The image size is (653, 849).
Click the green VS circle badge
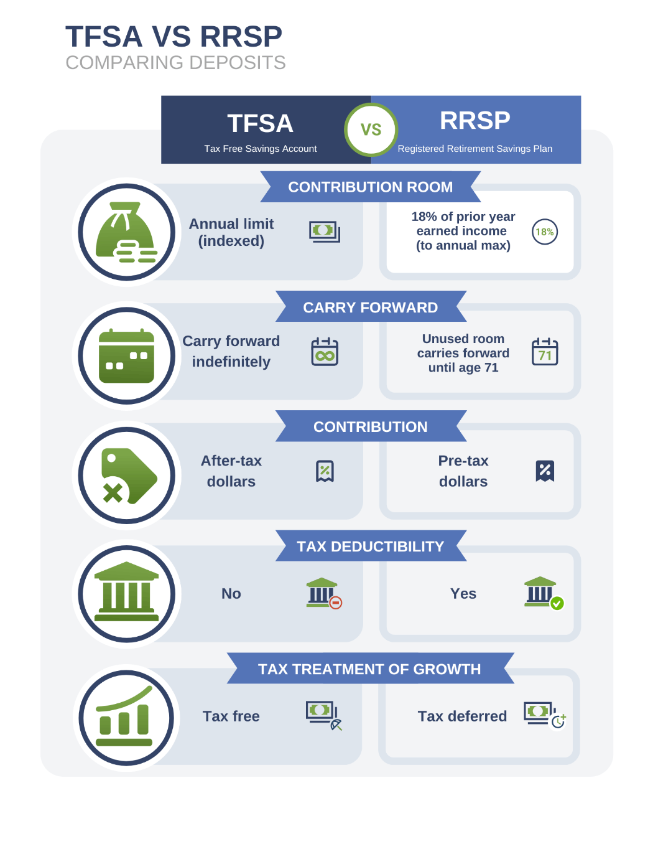371,129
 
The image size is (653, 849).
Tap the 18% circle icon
545,232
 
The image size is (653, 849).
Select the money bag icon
126,232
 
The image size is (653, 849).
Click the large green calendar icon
126,355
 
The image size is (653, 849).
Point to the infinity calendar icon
325,352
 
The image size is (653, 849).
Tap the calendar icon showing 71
545,352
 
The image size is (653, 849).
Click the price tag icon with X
126,476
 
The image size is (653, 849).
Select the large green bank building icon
126,593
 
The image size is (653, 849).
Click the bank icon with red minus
324,593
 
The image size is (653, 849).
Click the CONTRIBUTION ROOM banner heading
370,187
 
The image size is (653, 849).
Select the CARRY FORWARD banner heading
370,307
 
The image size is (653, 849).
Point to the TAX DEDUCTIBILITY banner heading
370,546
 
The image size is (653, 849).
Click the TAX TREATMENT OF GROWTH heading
369,669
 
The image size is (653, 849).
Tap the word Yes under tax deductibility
463,594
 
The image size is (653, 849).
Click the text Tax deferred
462,716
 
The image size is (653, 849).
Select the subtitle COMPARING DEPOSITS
175,63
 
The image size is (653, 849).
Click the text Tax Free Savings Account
261,149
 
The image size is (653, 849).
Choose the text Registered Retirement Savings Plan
475,149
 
